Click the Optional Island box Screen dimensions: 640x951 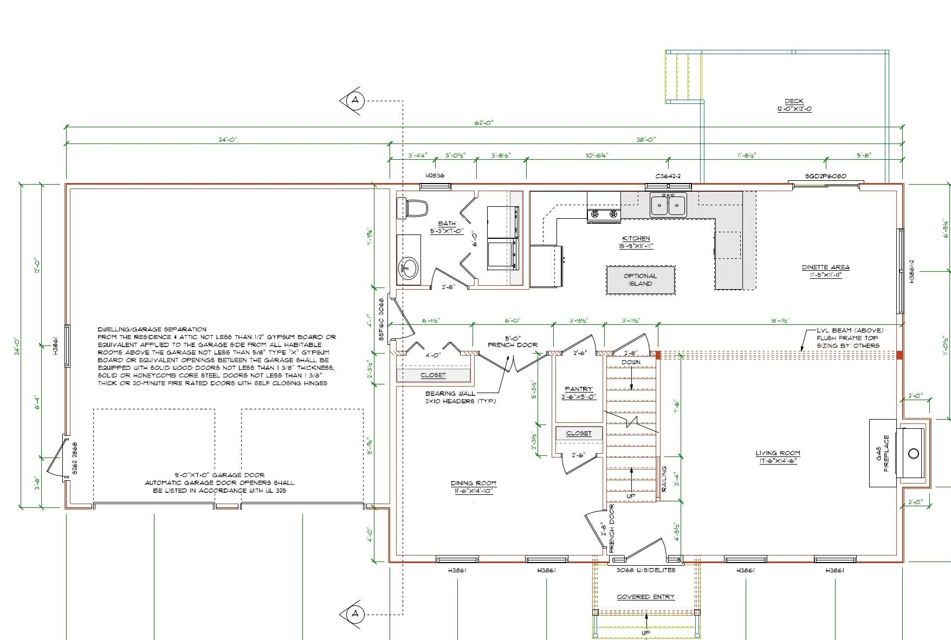coord(640,280)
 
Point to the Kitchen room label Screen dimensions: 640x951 coord(636,242)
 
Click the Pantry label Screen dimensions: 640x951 coord(578,393)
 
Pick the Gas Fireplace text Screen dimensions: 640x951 coord(883,453)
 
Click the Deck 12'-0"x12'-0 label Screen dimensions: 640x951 coord(794,105)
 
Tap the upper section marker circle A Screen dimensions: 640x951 coord(355,100)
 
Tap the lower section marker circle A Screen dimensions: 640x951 coord(355,614)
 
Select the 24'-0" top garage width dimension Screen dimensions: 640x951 coord(228,139)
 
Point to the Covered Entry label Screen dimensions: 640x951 coord(645,597)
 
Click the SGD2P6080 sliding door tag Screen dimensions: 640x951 coord(825,177)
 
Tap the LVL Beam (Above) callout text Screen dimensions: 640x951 coord(850,338)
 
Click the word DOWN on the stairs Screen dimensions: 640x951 coord(631,362)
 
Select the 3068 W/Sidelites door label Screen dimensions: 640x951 coord(646,570)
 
